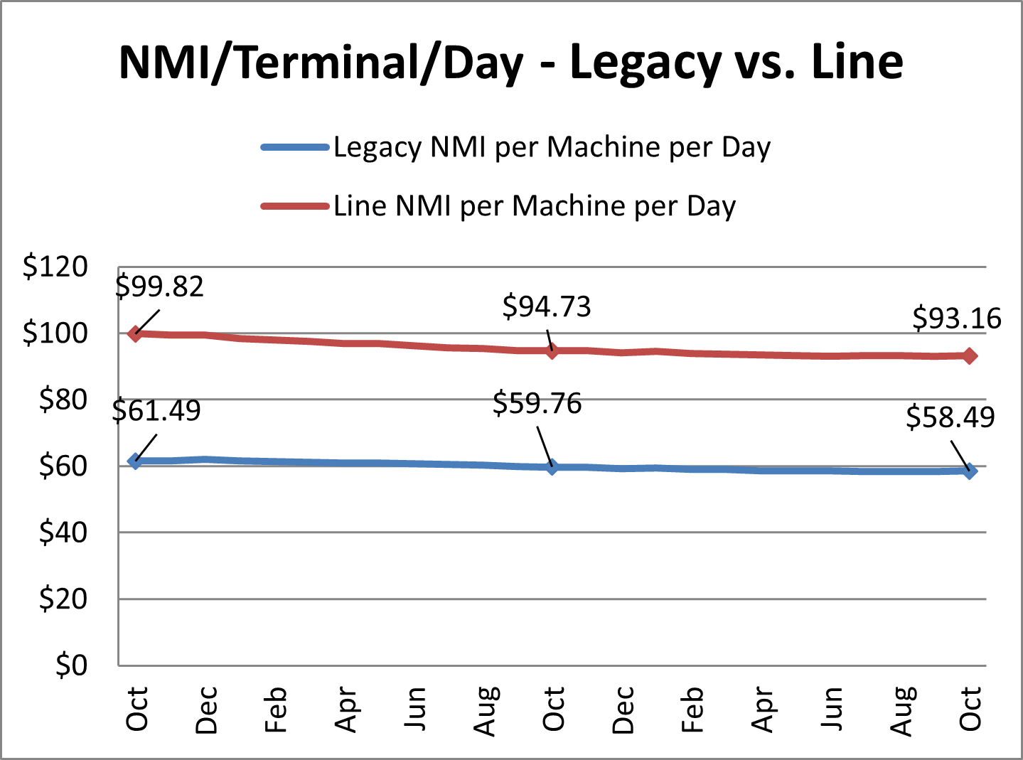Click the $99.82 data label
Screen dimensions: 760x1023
pyautogui.click(x=160, y=287)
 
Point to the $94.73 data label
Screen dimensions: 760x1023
pyautogui.click(x=547, y=306)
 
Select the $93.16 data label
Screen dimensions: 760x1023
pyautogui.click(x=957, y=318)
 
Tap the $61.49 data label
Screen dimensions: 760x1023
pyautogui.click(x=157, y=410)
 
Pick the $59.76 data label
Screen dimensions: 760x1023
pyautogui.click(x=537, y=404)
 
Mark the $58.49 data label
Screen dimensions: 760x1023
pyautogui.click(x=950, y=417)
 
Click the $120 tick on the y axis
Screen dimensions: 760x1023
pyautogui.click(x=55, y=267)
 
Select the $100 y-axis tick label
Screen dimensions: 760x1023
pyautogui.click(x=55, y=333)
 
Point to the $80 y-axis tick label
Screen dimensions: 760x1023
pyautogui.click(x=63, y=400)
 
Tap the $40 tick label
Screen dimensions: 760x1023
pyautogui.click(x=63, y=532)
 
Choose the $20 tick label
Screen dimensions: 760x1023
pyautogui.click(x=63, y=599)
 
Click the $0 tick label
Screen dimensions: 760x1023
pyautogui.click(x=72, y=665)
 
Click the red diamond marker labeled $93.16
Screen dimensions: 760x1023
pyautogui.click(x=970, y=355)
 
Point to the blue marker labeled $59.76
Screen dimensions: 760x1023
pyautogui.click(x=552, y=467)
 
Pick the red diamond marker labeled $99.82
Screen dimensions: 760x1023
pyautogui.click(x=135, y=333)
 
